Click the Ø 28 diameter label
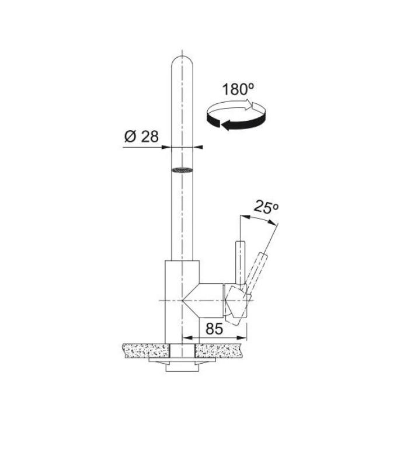(x=141, y=137)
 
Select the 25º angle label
(x=266, y=207)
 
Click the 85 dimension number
(x=214, y=329)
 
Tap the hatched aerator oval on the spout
(x=182, y=170)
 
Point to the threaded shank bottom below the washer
(x=182, y=368)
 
